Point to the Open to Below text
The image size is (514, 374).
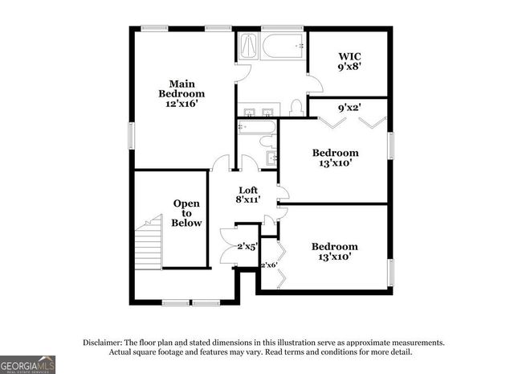(x=187, y=213)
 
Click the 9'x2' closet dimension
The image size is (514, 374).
(x=349, y=107)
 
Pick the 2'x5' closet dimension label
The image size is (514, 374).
(x=246, y=247)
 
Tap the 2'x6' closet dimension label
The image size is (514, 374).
(x=267, y=265)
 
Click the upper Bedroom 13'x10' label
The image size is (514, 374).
(x=335, y=158)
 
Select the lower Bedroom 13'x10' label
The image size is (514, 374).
(x=335, y=252)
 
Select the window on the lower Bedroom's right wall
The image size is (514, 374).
(x=391, y=271)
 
